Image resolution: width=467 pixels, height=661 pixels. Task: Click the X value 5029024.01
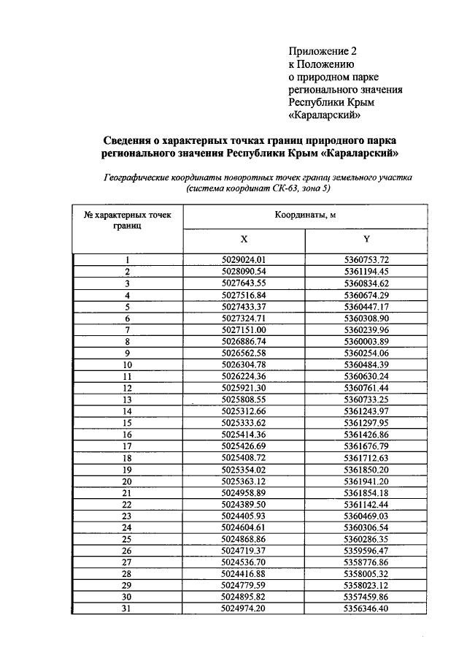(244, 260)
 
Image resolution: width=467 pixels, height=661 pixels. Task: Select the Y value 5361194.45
(366, 272)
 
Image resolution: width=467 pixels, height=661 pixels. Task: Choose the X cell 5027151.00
(244, 329)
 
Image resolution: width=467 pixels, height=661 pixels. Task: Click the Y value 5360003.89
(366, 341)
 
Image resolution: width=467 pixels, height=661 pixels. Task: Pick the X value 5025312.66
(244, 411)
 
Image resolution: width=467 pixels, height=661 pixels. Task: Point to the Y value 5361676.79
(366, 446)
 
